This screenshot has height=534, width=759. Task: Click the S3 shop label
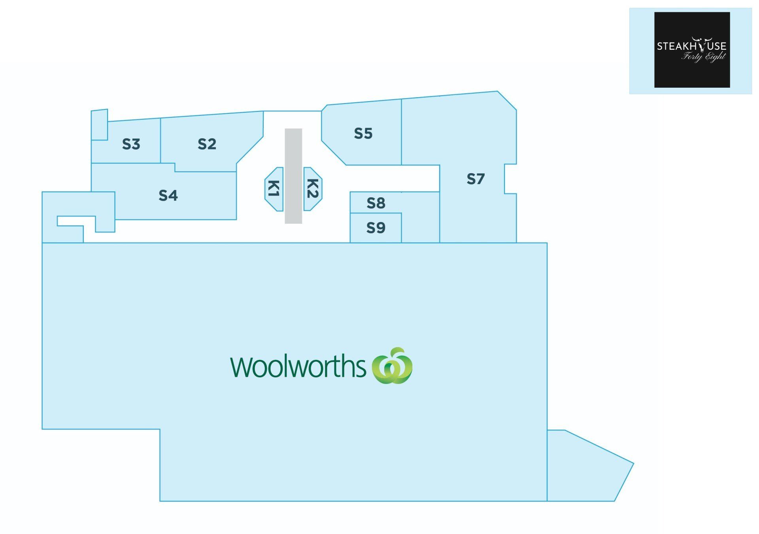[131, 144]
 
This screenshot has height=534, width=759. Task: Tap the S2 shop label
[207, 144]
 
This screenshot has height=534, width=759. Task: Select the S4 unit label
[168, 195]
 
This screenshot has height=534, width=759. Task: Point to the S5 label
[363, 134]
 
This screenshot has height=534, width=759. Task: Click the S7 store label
[476, 179]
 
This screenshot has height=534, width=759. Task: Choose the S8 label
[376, 203]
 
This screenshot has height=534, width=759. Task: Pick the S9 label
[376, 228]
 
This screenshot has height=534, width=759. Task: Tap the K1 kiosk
[274, 189]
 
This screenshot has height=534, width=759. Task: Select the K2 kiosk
[313, 189]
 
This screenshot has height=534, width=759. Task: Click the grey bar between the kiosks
[293, 176]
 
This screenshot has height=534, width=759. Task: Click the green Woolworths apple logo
[392, 366]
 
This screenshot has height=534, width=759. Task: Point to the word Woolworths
[298, 366]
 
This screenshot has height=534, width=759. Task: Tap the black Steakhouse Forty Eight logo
[692, 50]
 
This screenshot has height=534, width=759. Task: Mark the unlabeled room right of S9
[421, 217]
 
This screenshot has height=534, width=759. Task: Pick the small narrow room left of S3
[99, 125]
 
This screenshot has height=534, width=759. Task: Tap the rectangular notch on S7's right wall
[510, 179]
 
